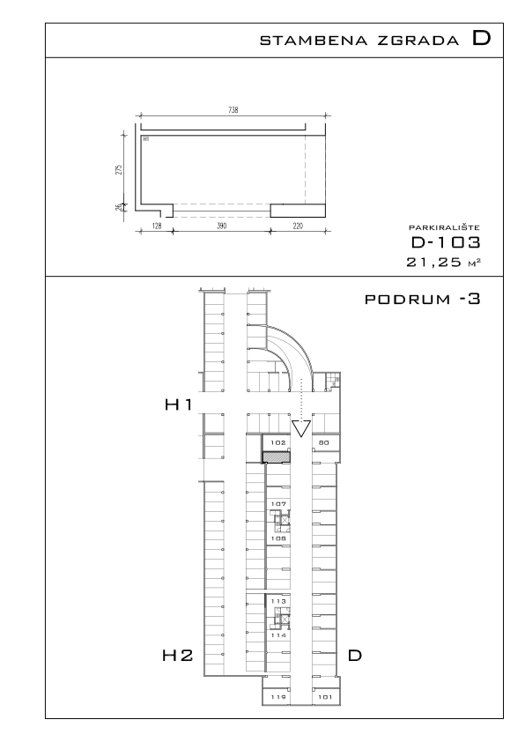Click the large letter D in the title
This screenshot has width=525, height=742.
tap(482, 38)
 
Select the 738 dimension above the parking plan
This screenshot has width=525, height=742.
tap(233, 110)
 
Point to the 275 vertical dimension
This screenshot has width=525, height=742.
tap(119, 169)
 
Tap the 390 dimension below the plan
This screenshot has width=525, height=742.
tap(221, 226)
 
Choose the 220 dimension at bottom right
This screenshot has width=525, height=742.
tap(298, 226)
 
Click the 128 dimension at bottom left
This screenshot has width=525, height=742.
tap(157, 226)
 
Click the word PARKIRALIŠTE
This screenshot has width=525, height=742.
tap(444, 228)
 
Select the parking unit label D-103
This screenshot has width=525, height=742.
tap(446, 242)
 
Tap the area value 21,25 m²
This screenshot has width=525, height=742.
tap(444, 262)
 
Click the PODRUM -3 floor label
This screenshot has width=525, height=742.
tap(422, 299)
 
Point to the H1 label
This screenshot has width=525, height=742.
tap(178, 404)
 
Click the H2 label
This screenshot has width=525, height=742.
tap(178, 656)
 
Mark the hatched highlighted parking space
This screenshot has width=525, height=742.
tap(277, 456)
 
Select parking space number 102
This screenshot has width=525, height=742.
tap(277, 443)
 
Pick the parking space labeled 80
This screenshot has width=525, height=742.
tap(324, 443)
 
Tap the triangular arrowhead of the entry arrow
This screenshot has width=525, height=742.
tap(301, 428)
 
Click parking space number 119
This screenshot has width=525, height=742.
tap(278, 697)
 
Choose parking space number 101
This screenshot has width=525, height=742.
tap(325, 697)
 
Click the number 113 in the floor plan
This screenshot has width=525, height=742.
tap(278, 601)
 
